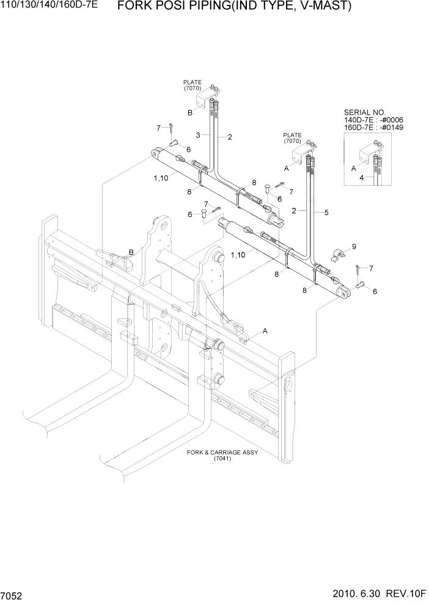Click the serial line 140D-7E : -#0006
pyautogui.click(x=374, y=120)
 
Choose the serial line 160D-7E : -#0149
pyautogui.click(x=374, y=128)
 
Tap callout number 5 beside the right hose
pyautogui.click(x=326, y=213)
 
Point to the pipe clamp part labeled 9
pyautogui.click(x=337, y=255)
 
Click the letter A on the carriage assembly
pyautogui.click(x=265, y=331)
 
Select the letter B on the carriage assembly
pyautogui.click(x=130, y=252)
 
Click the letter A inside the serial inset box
pyautogui.click(x=353, y=167)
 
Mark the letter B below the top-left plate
pyautogui.click(x=190, y=112)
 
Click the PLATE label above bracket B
pyautogui.click(x=192, y=82)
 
